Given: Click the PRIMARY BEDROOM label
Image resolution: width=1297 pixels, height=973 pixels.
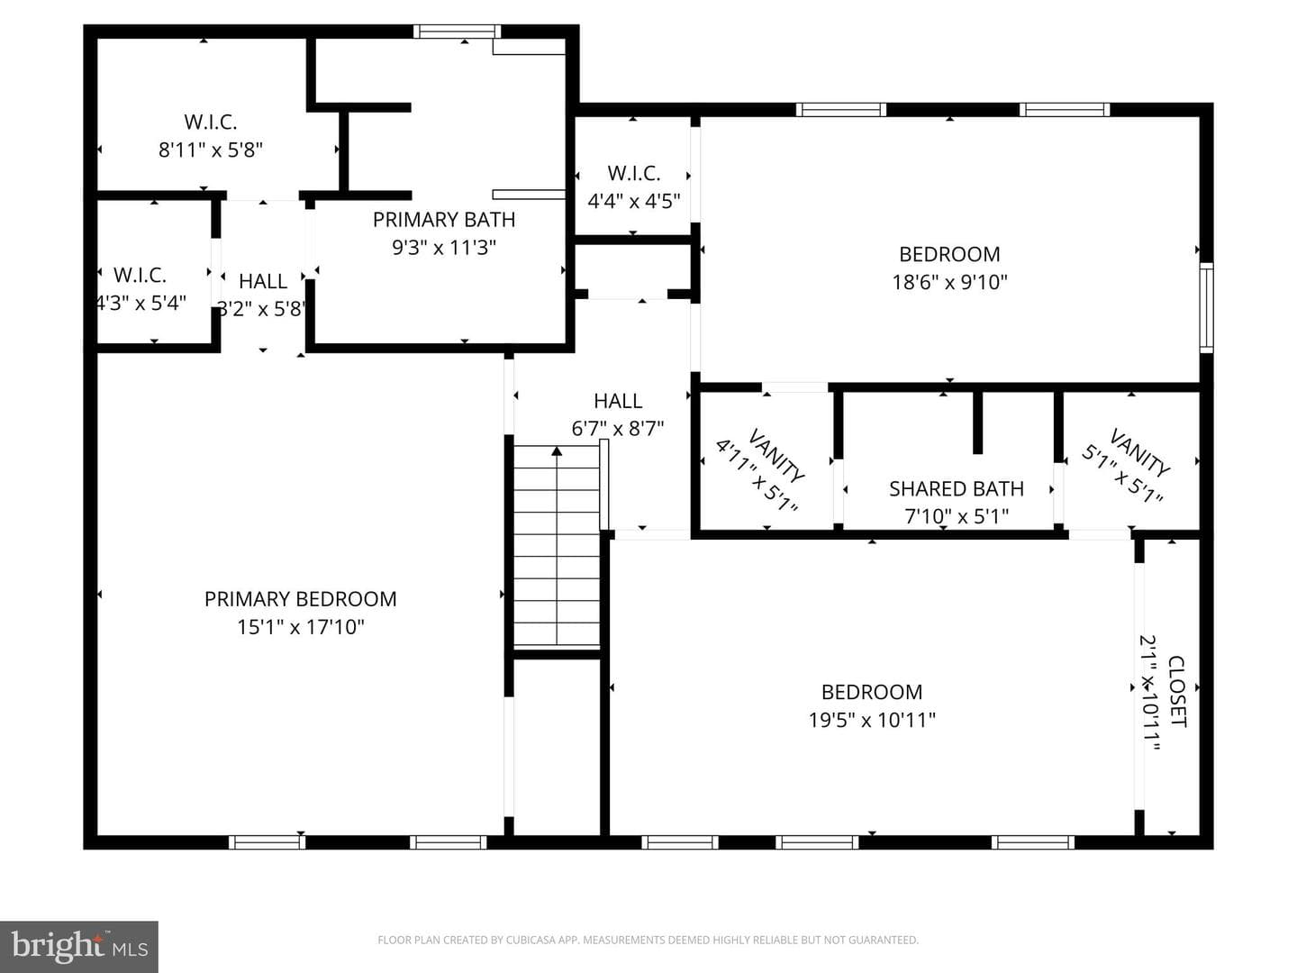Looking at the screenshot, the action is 300,599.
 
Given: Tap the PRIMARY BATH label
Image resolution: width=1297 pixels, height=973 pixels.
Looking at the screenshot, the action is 444,220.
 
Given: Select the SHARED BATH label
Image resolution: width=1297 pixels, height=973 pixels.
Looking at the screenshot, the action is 956,489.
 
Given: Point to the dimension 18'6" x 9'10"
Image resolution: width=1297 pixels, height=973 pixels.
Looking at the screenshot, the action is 949,282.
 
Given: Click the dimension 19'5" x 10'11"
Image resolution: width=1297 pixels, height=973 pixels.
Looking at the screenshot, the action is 872,720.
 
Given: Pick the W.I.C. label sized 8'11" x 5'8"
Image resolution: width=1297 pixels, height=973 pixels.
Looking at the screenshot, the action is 211,123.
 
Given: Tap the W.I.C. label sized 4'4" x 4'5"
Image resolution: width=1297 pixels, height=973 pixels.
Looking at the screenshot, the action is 633,174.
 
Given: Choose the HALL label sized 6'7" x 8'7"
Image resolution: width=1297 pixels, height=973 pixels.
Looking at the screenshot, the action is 618,401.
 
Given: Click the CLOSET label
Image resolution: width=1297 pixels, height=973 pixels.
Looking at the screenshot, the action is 1177,691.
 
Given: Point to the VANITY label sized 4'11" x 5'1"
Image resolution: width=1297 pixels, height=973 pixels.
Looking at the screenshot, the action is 775,455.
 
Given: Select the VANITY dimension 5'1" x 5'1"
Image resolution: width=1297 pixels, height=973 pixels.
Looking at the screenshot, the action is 1121,474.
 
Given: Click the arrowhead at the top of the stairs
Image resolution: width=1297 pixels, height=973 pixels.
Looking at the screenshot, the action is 557,451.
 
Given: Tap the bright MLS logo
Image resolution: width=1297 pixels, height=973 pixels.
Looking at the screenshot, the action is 79,946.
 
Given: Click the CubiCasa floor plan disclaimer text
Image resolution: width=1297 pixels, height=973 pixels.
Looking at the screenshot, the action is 648,940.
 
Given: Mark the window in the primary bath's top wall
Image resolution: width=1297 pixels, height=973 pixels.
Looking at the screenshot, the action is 457,32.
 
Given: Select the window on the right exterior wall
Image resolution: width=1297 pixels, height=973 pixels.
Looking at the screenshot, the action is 1206,308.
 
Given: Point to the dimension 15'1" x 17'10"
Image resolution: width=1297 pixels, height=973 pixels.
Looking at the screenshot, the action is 300,627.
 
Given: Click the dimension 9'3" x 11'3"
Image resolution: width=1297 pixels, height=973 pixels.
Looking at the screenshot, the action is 444,248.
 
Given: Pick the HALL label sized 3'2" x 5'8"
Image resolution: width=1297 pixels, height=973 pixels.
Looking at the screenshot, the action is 263,281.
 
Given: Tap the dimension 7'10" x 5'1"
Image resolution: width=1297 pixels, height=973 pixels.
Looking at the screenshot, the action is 956,517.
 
